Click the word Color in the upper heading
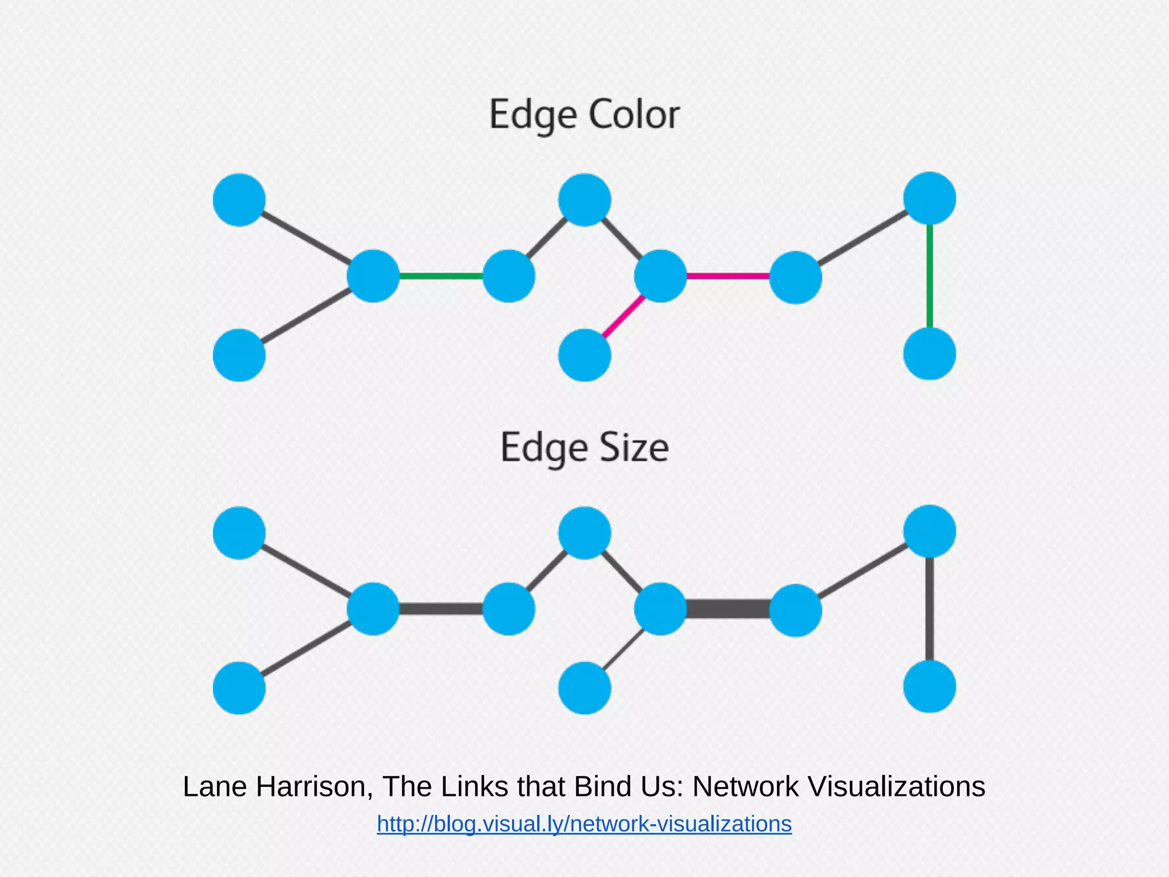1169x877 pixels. tap(634, 114)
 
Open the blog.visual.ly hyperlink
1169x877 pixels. tap(584, 824)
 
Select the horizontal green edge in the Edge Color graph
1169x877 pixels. tap(441, 276)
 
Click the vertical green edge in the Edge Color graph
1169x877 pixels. tap(930, 276)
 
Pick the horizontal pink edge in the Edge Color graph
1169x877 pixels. tap(728, 276)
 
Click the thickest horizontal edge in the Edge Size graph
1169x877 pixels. tap(728, 609)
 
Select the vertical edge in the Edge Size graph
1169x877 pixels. tap(930, 609)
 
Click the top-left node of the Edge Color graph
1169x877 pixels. tap(239, 200)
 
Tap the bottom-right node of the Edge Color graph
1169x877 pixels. tap(929, 354)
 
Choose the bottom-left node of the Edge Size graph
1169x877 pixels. tap(239, 688)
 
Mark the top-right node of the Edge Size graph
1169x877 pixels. tap(929, 531)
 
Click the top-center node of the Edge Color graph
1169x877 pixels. tap(584, 200)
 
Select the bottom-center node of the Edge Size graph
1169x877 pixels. tap(584, 688)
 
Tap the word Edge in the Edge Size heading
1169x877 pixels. tap(543, 448)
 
